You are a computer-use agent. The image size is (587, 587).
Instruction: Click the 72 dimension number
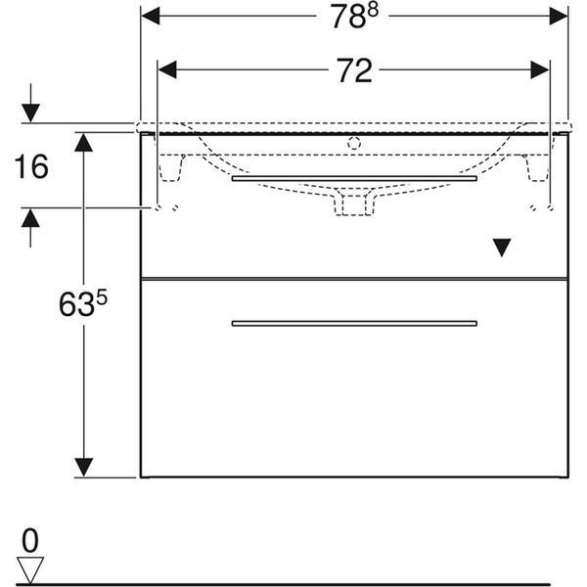(354, 70)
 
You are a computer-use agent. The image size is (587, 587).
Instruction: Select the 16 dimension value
(31, 166)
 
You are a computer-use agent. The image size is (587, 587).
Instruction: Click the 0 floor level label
(30, 540)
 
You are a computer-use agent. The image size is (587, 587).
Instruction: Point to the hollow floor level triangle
(30, 569)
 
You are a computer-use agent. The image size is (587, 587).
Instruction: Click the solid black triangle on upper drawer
(502, 248)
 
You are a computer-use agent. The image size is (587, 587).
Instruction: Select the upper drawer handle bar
(354, 178)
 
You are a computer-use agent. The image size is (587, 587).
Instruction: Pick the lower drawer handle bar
(354, 324)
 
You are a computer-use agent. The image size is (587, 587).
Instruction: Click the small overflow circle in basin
(354, 143)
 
